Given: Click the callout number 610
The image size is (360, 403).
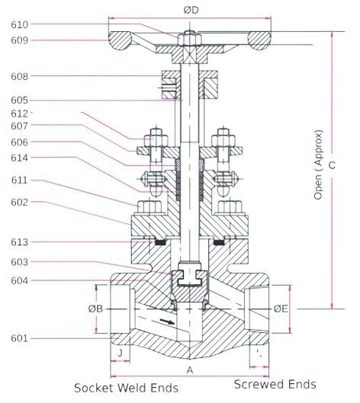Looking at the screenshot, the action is [19, 24].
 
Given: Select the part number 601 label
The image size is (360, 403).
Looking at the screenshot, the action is [19, 338].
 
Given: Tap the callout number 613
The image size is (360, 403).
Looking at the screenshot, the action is [19, 241].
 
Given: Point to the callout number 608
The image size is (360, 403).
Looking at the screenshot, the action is [19, 76].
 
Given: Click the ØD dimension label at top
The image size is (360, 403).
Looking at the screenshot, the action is [191, 10].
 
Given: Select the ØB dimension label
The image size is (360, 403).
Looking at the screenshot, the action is [95, 309].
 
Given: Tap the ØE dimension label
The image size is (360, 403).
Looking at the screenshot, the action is [281, 309].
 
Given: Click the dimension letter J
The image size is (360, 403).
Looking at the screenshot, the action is [120, 353].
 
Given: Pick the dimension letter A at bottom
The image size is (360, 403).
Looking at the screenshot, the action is [190, 370].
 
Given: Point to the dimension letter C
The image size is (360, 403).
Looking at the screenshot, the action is [333, 165].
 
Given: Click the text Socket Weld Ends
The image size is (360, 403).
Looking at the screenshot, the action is [126, 388].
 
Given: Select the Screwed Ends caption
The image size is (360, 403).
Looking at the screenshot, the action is [275, 384].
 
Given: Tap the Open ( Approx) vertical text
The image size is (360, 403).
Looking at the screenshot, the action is [318, 165].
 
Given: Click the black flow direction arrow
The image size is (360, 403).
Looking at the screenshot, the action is [168, 321].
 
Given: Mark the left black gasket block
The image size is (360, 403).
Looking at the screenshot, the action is [160, 242].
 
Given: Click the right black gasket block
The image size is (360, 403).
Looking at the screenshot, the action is [219, 242].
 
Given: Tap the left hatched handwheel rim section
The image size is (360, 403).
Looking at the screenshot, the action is [120, 40].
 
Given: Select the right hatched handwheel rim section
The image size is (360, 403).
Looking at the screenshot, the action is [259, 40].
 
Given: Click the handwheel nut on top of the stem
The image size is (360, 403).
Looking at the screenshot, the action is [190, 39].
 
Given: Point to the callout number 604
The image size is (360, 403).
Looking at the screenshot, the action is [19, 280].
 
